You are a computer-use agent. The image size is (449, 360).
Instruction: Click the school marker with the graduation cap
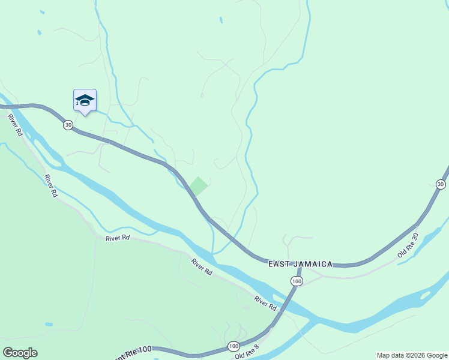85,101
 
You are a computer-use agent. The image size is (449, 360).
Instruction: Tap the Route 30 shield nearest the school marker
68,124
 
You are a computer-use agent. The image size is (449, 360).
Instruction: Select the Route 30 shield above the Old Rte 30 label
441,184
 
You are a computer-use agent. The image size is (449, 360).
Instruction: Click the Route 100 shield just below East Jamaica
296,281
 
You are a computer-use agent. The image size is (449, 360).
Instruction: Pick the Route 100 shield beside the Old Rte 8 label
233,346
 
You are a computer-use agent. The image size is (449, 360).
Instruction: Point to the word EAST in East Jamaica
279,264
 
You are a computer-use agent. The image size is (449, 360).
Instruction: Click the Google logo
20,353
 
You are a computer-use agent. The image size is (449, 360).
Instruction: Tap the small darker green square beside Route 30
199,185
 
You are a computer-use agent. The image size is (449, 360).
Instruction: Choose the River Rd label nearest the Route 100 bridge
265,303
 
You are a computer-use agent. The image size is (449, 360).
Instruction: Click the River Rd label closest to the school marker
14,124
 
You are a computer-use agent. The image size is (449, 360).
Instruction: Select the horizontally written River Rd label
118,238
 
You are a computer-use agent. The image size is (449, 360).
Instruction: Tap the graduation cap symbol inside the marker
85,99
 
